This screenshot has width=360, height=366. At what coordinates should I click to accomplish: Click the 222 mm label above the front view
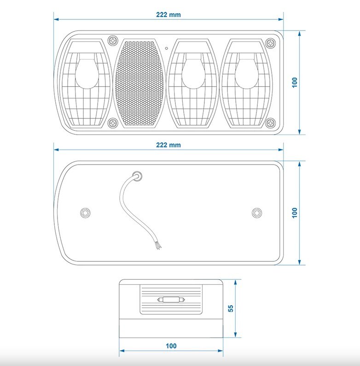(x=168, y=15)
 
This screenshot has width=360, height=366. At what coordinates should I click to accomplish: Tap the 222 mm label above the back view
(x=168, y=145)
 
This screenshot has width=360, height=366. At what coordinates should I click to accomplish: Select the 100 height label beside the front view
(x=295, y=83)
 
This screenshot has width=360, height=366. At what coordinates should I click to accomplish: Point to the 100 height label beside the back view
(x=295, y=213)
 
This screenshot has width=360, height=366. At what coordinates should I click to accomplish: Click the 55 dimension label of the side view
(x=230, y=308)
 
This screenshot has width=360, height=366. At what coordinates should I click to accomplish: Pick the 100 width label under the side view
(x=171, y=346)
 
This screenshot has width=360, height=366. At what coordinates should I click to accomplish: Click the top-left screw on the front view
(x=113, y=41)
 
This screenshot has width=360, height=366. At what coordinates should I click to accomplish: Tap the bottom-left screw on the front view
(x=113, y=123)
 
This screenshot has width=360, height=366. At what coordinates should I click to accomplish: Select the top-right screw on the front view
(x=271, y=43)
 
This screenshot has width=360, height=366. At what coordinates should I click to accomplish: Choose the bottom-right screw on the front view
(x=271, y=123)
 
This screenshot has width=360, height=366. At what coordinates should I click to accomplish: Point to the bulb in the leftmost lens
(x=87, y=71)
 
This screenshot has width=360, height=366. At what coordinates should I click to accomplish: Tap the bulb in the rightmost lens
(x=247, y=71)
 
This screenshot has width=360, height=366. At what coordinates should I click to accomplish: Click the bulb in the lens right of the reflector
(x=193, y=71)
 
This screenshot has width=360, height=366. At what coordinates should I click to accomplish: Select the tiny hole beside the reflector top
(x=167, y=48)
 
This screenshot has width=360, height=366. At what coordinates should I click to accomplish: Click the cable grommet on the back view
(x=137, y=176)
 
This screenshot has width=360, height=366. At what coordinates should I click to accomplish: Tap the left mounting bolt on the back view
(x=85, y=213)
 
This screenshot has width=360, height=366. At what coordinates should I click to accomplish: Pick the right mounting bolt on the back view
(x=257, y=213)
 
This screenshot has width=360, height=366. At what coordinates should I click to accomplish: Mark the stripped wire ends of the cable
(x=158, y=246)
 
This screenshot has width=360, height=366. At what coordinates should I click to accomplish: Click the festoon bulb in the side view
(x=171, y=300)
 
